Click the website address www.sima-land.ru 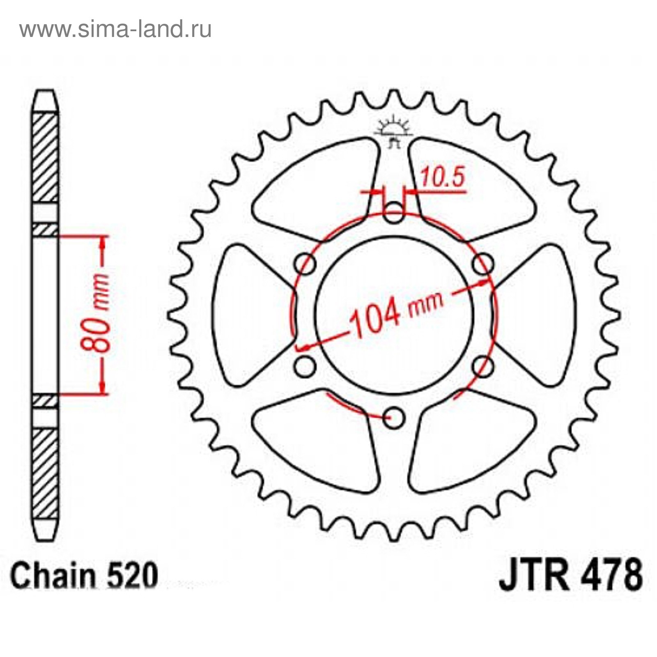[115, 29]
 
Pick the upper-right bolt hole [483, 263]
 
